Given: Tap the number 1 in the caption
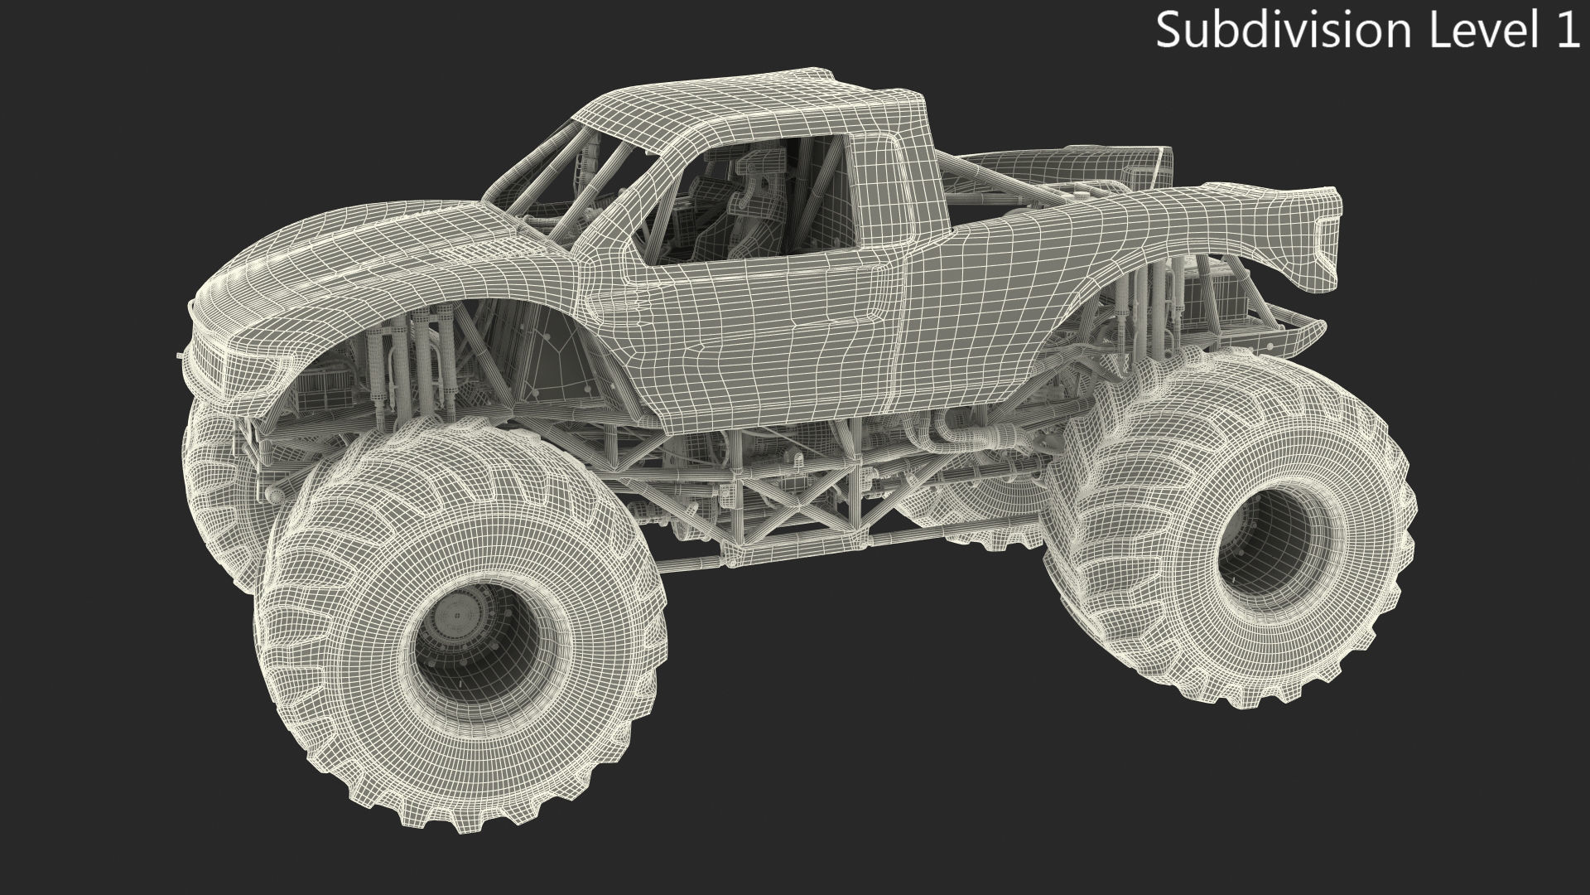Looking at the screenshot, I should click(x=1568, y=31).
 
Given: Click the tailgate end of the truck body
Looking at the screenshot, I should click(x=1317, y=240).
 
